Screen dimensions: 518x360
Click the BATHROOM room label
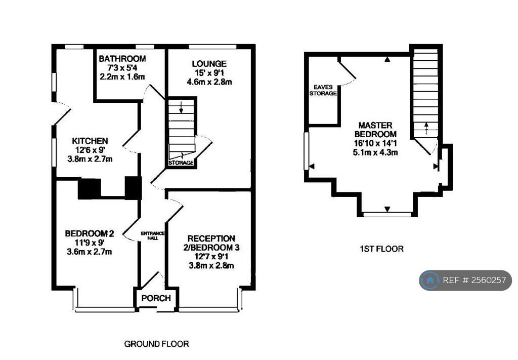[x=122, y=59]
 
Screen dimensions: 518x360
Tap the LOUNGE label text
[x=209, y=64]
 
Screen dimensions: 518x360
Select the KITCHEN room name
[x=90, y=141]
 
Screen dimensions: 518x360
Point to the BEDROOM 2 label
[x=90, y=234]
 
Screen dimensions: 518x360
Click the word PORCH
[x=156, y=298]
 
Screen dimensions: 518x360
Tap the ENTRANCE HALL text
[x=153, y=236]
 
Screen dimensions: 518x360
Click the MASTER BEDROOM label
[x=375, y=130]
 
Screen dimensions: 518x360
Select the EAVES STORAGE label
[x=323, y=90]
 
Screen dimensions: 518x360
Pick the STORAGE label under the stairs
[x=181, y=163]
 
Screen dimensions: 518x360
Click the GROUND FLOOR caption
[x=157, y=344]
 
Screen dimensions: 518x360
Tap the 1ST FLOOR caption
[x=381, y=249]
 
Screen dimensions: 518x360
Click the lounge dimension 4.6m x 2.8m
[x=209, y=82]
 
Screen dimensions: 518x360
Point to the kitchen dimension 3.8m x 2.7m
[x=90, y=159]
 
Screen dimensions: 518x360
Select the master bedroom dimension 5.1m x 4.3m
[x=375, y=152]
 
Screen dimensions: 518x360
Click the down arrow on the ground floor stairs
[x=181, y=107]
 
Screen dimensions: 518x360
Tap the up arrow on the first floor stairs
[x=426, y=128]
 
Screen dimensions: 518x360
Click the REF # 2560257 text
[x=474, y=281]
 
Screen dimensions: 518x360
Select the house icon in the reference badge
[x=430, y=281]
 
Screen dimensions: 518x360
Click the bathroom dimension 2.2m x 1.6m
[x=122, y=76]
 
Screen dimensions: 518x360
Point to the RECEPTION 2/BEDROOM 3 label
[x=211, y=243]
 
